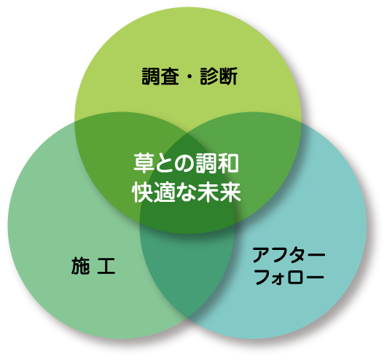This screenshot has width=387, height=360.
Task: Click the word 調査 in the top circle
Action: click(160, 77)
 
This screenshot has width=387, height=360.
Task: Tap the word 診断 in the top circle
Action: click(219, 77)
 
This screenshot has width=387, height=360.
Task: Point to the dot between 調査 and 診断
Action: click(189, 77)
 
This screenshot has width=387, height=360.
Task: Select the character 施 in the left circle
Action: click(80, 265)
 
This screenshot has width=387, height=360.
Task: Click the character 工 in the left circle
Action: click(106, 266)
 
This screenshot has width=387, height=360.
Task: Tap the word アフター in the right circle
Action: click(289, 255)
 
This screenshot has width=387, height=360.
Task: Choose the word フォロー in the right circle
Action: click(289, 277)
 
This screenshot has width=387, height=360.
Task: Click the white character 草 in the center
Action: click(144, 163)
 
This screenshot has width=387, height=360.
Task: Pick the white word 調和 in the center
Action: click(217, 163)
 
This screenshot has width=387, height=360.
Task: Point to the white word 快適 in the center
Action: click(154, 192)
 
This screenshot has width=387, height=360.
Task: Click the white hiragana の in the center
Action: click(185, 163)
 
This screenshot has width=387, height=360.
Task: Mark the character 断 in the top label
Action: click(228, 77)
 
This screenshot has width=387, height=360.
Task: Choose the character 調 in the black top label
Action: click(151, 77)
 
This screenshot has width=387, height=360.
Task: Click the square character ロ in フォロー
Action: click(296, 278)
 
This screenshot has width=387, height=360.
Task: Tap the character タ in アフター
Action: click(297, 255)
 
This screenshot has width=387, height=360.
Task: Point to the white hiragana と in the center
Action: click(165, 163)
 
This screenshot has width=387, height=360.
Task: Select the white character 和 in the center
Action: click(229, 163)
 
